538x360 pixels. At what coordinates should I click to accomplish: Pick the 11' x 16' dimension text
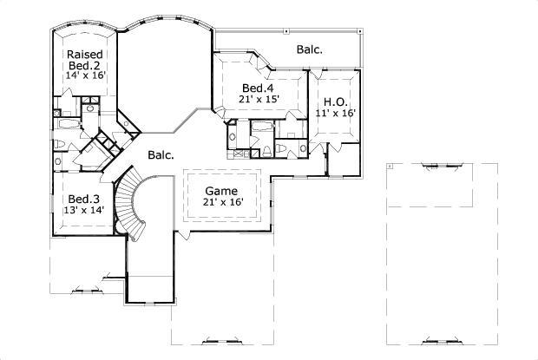336,113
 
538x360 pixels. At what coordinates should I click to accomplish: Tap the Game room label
221,190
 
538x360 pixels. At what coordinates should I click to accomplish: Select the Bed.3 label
84,199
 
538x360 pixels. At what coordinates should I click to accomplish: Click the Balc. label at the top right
309,50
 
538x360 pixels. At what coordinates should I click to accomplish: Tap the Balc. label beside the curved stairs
161,156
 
